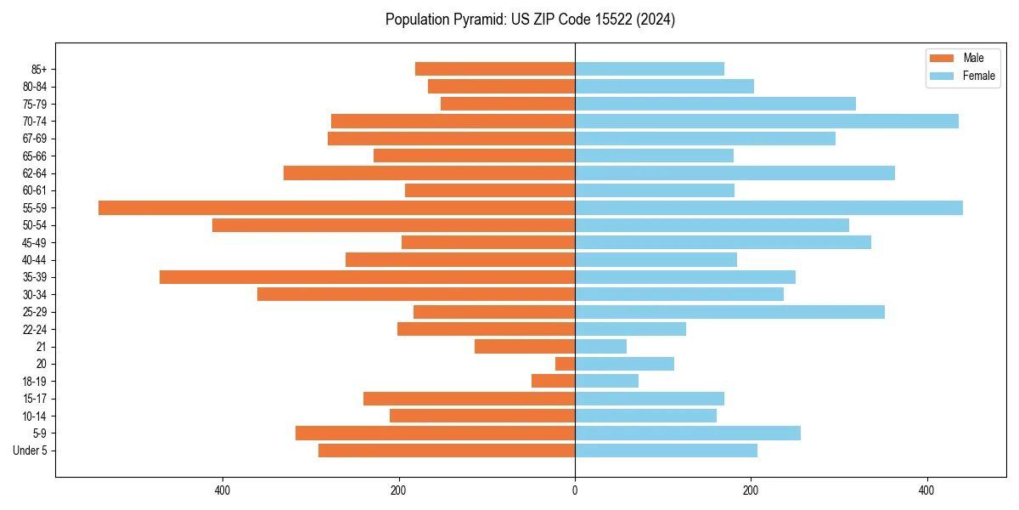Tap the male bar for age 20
coord(565,364)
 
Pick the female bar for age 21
coord(600,346)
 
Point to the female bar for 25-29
coord(729,312)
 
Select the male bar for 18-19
coord(553,381)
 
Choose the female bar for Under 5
coord(666,450)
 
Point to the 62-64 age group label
coord(35,173)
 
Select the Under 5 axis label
coord(30,450)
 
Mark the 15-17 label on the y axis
coord(35,399)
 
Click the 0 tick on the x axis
coord(575,490)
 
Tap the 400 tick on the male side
coord(222,490)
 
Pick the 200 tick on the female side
coord(751,490)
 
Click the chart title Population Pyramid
coord(530,20)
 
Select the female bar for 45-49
coord(723,242)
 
